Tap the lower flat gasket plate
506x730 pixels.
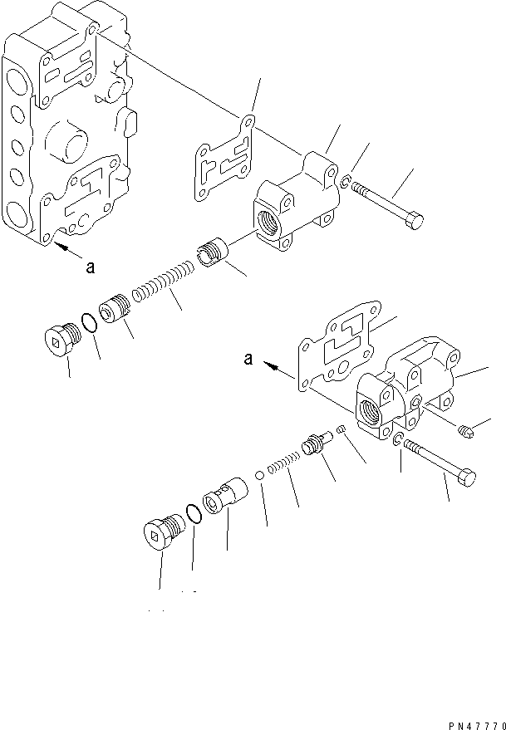click(336, 348)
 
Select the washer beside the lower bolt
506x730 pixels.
click(398, 440)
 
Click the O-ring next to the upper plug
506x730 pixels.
click(90, 322)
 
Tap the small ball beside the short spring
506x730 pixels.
click(260, 476)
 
